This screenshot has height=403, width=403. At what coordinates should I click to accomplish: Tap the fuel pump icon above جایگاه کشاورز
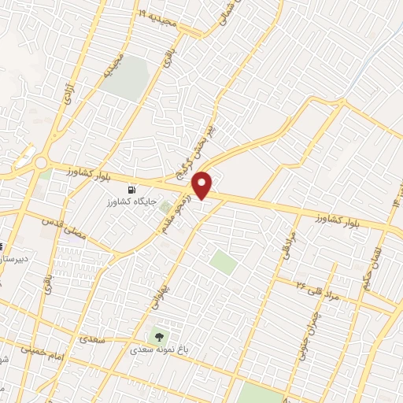[x=131, y=190]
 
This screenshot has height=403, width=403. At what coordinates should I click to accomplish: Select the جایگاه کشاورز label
[x=130, y=203]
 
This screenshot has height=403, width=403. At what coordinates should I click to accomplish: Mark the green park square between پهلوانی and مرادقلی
[x=223, y=262]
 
